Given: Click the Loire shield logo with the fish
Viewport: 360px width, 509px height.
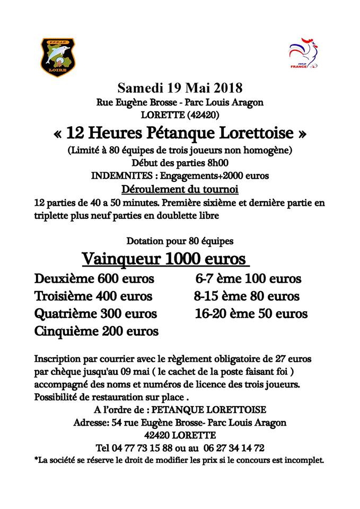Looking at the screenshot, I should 58,57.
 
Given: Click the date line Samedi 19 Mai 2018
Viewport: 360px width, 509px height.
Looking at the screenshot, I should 180,87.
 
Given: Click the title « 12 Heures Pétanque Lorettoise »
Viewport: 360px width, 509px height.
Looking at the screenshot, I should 180,132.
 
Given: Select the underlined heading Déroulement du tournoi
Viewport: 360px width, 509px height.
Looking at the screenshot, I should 180,189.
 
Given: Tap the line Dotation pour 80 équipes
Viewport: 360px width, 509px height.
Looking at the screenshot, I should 180,241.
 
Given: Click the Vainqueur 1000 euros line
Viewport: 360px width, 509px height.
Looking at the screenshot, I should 164,259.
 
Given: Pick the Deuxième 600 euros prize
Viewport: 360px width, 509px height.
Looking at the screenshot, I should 94,279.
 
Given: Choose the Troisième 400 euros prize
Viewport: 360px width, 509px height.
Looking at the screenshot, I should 93,296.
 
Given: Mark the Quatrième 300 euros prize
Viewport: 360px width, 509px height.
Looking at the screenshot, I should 95,313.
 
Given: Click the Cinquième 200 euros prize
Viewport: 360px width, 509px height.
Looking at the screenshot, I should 96,332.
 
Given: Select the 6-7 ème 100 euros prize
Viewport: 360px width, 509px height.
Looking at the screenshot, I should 248,279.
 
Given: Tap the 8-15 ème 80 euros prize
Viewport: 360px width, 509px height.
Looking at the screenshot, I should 247,296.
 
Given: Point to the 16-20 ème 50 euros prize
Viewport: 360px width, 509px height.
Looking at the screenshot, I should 251,313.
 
